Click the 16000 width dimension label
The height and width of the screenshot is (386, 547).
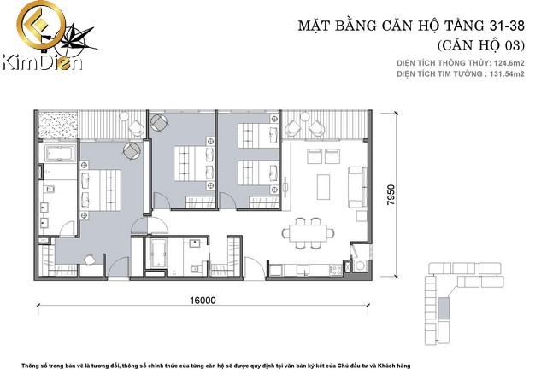tap(203, 301)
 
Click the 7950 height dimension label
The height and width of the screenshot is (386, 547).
tap(391, 195)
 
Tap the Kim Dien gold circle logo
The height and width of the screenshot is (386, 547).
tap(41, 25)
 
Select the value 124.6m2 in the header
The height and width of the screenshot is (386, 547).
tap(509, 63)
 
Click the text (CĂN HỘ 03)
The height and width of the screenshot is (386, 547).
tap(480, 45)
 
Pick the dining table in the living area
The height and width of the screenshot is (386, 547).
tap(309, 232)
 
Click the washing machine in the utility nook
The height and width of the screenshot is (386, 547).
tap(360, 266)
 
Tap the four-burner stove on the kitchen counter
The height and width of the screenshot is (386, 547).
tap(336, 270)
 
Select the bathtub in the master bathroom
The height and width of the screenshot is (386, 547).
tap(61, 154)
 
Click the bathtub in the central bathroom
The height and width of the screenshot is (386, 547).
tap(158, 253)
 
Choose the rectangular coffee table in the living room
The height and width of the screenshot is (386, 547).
tap(323, 186)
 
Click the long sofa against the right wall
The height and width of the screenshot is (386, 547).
tap(357, 187)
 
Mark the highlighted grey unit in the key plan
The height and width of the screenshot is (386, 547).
tap(444, 308)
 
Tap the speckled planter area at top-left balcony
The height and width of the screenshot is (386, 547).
tap(57, 126)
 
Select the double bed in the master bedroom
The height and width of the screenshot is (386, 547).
tap(101, 190)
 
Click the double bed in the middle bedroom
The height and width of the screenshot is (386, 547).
tap(194, 163)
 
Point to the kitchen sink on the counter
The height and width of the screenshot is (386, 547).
tap(303, 269)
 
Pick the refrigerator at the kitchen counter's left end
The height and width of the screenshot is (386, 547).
tap(275, 270)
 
